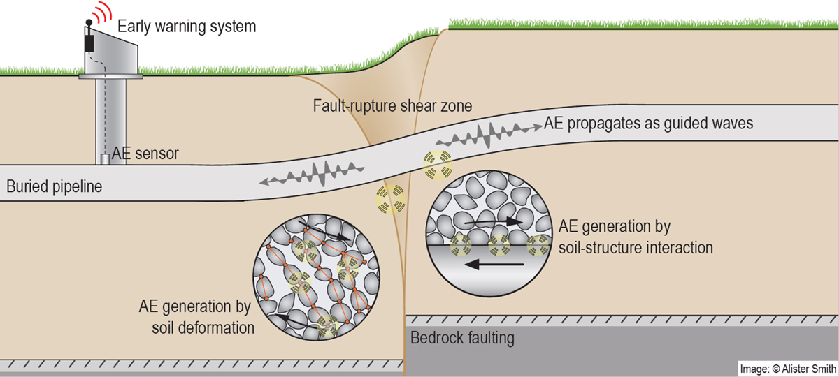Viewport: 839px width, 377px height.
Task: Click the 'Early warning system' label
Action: (187, 27)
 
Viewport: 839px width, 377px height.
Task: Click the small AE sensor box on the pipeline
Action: (106, 160)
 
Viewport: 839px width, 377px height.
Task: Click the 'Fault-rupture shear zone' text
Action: (392, 107)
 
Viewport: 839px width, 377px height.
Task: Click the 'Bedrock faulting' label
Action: (463, 339)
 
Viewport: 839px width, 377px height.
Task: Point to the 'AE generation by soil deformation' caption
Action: (196, 317)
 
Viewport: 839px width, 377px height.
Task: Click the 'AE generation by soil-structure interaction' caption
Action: (636, 237)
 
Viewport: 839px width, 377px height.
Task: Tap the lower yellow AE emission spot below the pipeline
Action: (390, 198)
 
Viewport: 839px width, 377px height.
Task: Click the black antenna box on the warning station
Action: (89, 43)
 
